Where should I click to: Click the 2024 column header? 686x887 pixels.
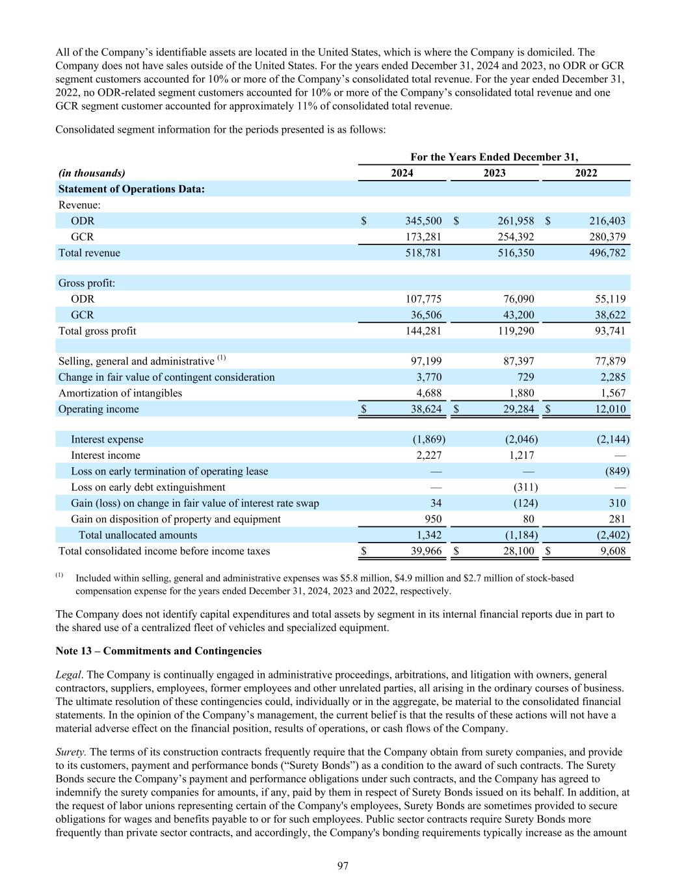click(402, 173)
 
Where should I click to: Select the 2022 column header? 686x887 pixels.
click(586, 173)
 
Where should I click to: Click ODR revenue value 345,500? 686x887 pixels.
click(423, 221)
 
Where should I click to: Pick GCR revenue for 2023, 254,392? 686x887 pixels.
click(514, 237)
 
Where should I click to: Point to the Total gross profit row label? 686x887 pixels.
click(98, 331)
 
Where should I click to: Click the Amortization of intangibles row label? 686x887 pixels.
click(120, 393)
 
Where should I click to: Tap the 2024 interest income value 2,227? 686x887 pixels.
click(429, 456)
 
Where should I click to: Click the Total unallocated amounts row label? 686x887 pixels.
click(138, 535)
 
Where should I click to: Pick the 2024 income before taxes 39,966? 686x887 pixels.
click(423, 551)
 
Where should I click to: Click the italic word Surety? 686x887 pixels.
click(70, 751)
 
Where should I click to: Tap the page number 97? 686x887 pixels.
click(343, 866)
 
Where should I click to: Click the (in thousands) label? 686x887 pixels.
click(92, 173)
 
